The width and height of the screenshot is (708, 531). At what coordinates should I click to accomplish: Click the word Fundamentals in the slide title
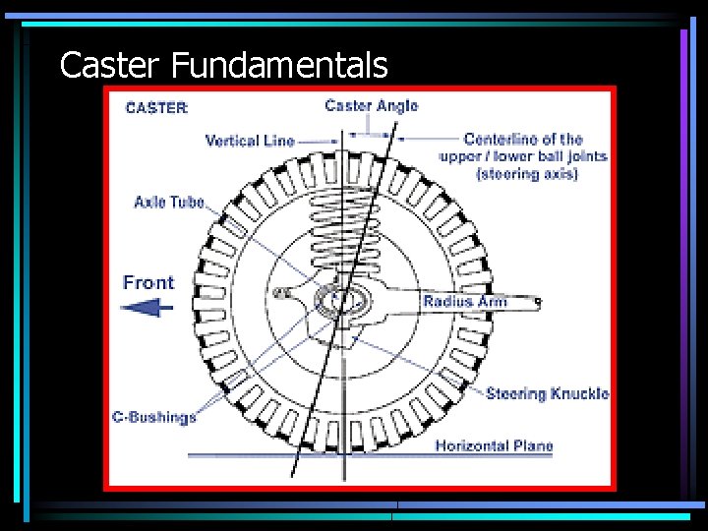[x=279, y=66]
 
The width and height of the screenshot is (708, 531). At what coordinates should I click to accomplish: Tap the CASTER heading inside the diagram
[x=156, y=108]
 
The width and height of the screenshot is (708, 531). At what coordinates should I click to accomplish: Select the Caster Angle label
[x=371, y=105]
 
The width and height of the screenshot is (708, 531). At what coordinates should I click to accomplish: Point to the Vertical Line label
[x=250, y=141]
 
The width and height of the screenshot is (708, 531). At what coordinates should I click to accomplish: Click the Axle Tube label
[x=169, y=203]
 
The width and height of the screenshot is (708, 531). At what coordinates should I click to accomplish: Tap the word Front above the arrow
[x=148, y=283]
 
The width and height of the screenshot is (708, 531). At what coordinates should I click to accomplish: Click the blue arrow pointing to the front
[x=147, y=308]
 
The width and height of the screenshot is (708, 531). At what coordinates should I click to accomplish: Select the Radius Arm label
[x=464, y=301]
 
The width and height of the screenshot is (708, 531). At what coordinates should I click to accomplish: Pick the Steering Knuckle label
[x=547, y=393]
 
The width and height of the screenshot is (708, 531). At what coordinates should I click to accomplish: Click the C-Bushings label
[x=153, y=417]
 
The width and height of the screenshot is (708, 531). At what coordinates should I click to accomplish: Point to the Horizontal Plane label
[x=494, y=445]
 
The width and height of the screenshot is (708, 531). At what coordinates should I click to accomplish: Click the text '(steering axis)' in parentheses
[x=527, y=174]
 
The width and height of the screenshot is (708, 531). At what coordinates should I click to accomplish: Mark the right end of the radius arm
[x=536, y=302]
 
